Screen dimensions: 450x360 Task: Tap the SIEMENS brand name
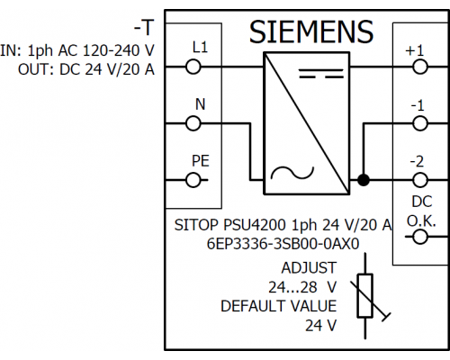point(311,31)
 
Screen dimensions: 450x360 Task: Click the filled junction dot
point(364,180)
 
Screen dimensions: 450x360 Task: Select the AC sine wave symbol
point(292,173)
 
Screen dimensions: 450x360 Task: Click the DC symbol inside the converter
point(321,74)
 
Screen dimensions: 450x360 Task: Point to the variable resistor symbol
point(365,295)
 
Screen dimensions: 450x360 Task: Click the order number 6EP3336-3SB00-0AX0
point(283,244)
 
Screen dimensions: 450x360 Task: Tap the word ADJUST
point(309,267)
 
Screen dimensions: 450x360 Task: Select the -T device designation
point(144,28)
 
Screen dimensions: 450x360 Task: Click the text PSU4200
point(255,225)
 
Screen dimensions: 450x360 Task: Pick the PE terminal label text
point(201,161)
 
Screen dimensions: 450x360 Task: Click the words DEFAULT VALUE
point(279,306)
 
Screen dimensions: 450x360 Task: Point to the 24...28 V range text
point(302,287)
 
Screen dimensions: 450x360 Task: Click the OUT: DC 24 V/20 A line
point(86,69)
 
